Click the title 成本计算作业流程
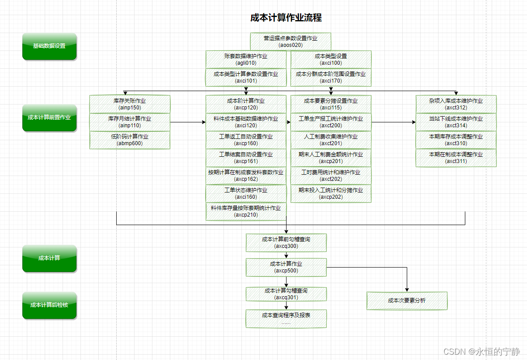point(286,18)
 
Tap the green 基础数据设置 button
point(49,46)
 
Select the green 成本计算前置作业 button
point(49,117)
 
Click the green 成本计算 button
point(49,258)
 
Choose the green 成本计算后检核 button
point(49,305)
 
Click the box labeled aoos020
point(291,42)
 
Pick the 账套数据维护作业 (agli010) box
point(246,59)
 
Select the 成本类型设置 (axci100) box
point(331,59)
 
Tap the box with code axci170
point(331,77)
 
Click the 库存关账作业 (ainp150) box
point(130,104)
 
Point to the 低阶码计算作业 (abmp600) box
point(130,140)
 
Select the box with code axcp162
point(246,176)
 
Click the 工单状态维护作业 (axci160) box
point(246,193)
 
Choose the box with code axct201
point(331,140)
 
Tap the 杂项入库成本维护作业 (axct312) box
point(456,104)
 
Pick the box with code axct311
point(456,158)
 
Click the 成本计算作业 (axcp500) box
point(286,267)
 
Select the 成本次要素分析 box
point(407,301)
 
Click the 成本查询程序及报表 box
point(286,318)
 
